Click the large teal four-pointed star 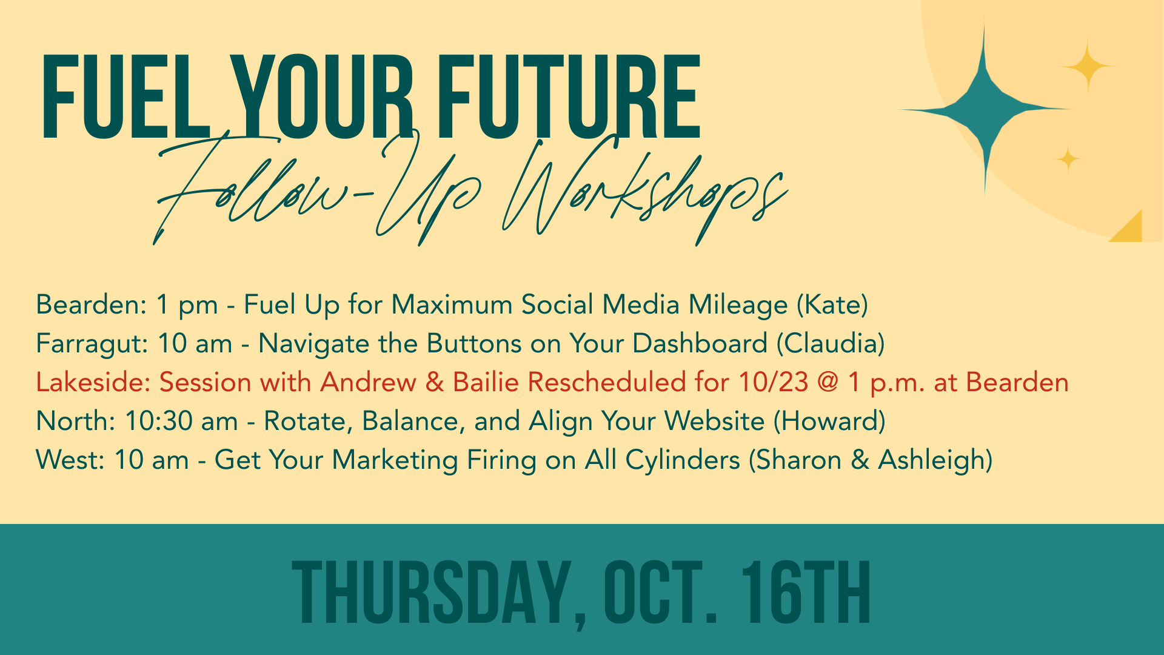[984, 109]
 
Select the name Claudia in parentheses [831, 344]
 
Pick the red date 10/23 [773, 383]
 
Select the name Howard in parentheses [829, 422]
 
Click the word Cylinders [683, 460]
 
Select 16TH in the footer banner [806, 593]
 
